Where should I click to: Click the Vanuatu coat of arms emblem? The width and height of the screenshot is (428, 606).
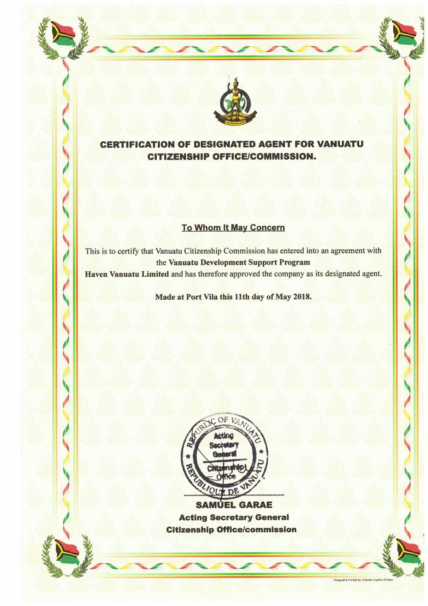[x=235, y=104]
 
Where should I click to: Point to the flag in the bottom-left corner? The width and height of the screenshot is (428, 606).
[x=67, y=553]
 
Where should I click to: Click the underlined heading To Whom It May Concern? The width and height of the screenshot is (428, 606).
[x=233, y=228]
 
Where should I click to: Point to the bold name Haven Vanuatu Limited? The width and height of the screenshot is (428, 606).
[x=127, y=275]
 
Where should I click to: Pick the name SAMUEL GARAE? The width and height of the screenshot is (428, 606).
[x=234, y=505]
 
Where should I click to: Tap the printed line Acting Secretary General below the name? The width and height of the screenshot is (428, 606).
[x=234, y=517]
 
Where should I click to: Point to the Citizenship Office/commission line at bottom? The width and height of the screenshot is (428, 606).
[x=231, y=529]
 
